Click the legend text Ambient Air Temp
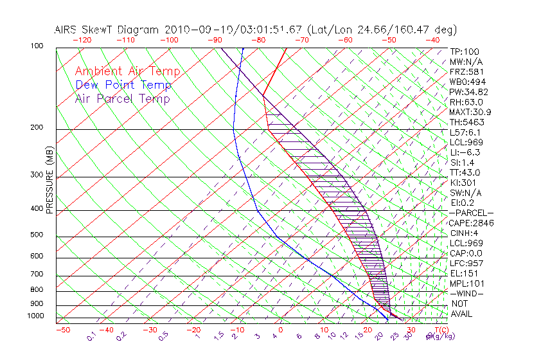point(128,72)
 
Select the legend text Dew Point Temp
point(123,85)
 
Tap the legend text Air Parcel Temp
point(123,99)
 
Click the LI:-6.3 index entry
point(465,152)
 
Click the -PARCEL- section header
point(471,213)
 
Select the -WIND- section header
point(466,293)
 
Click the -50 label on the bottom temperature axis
point(62,330)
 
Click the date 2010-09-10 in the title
point(190,30)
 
